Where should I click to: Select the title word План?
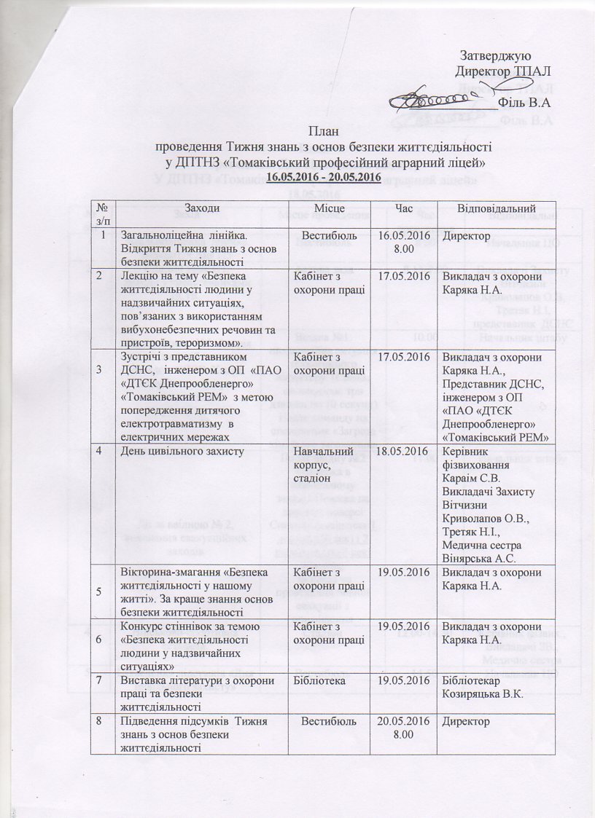[x=323, y=131]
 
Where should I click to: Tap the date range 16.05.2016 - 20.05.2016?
[x=323, y=177]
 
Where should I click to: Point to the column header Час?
[x=403, y=209]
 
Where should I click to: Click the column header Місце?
[x=329, y=209]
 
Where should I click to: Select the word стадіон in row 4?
[x=313, y=478]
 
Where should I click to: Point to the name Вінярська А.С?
[x=479, y=559]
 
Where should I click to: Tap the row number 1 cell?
[x=104, y=235]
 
